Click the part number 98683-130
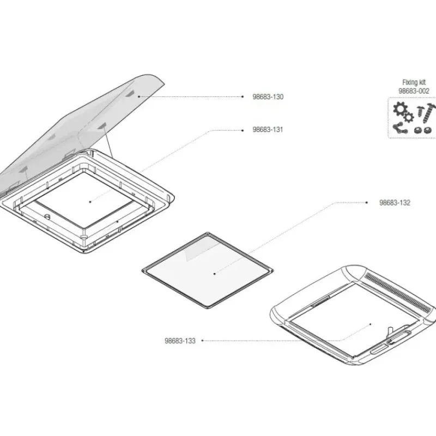click(x=268, y=97)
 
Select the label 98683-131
click(x=268, y=130)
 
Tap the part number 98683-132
click(x=395, y=203)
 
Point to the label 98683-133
click(x=180, y=341)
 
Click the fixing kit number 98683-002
click(x=414, y=91)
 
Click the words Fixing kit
click(x=414, y=82)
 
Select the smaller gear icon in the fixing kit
click(x=408, y=117)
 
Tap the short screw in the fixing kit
click(x=420, y=112)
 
